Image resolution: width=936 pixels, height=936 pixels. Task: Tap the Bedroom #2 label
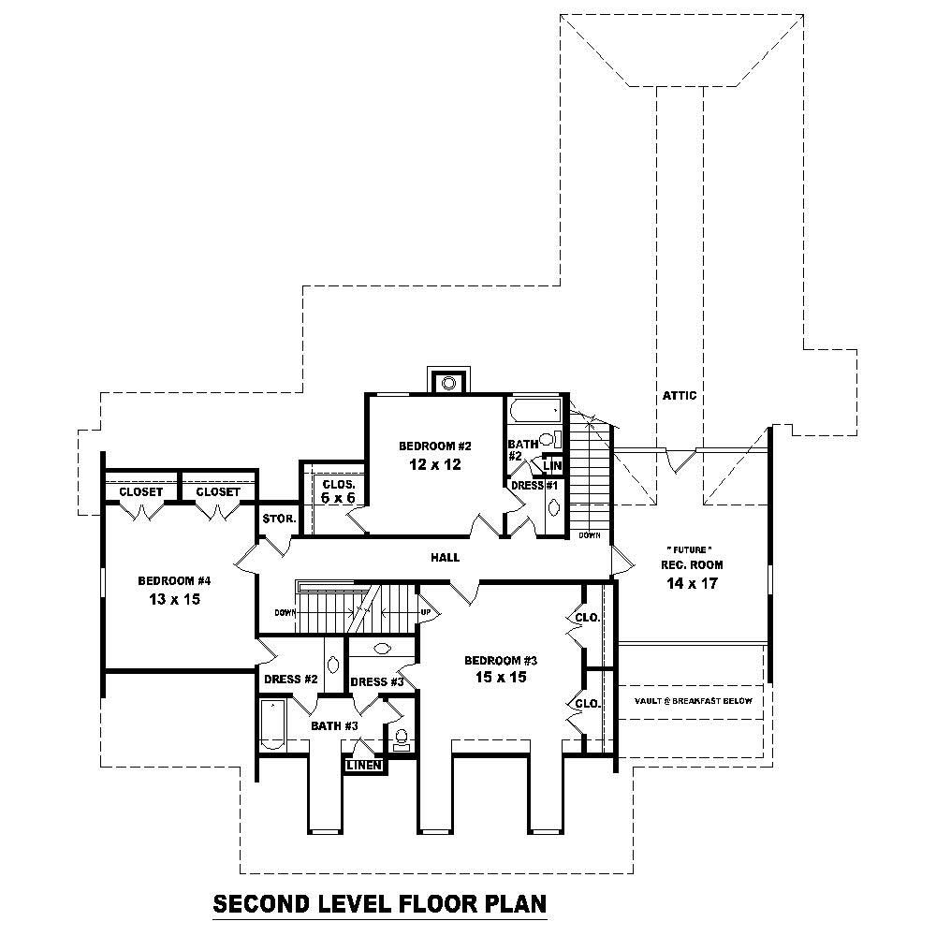coord(434,446)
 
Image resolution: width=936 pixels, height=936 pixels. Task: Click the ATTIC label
coord(680,396)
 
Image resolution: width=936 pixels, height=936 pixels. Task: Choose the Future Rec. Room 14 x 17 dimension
coord(693,583)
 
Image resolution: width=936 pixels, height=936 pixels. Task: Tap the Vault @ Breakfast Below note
coord(692,700)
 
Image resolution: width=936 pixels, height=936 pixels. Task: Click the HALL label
coord(445,557)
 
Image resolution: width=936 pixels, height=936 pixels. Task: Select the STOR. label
coord(279,518)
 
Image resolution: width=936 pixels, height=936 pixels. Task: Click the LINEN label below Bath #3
coord(363,766)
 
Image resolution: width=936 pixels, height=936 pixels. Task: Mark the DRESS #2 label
coord(291,680)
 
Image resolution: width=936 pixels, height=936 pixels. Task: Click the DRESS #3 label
coord(376,681)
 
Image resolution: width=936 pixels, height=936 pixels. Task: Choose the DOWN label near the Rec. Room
coord(590,536)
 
